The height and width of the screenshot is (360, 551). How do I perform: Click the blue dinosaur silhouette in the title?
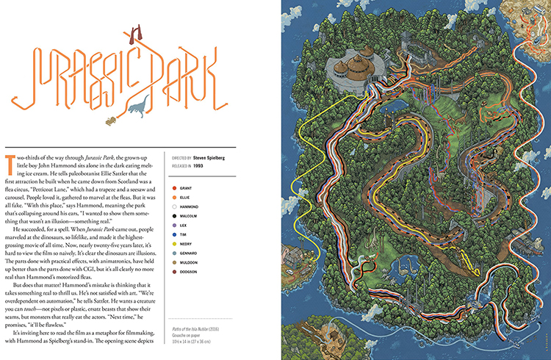tap(137, 108)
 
